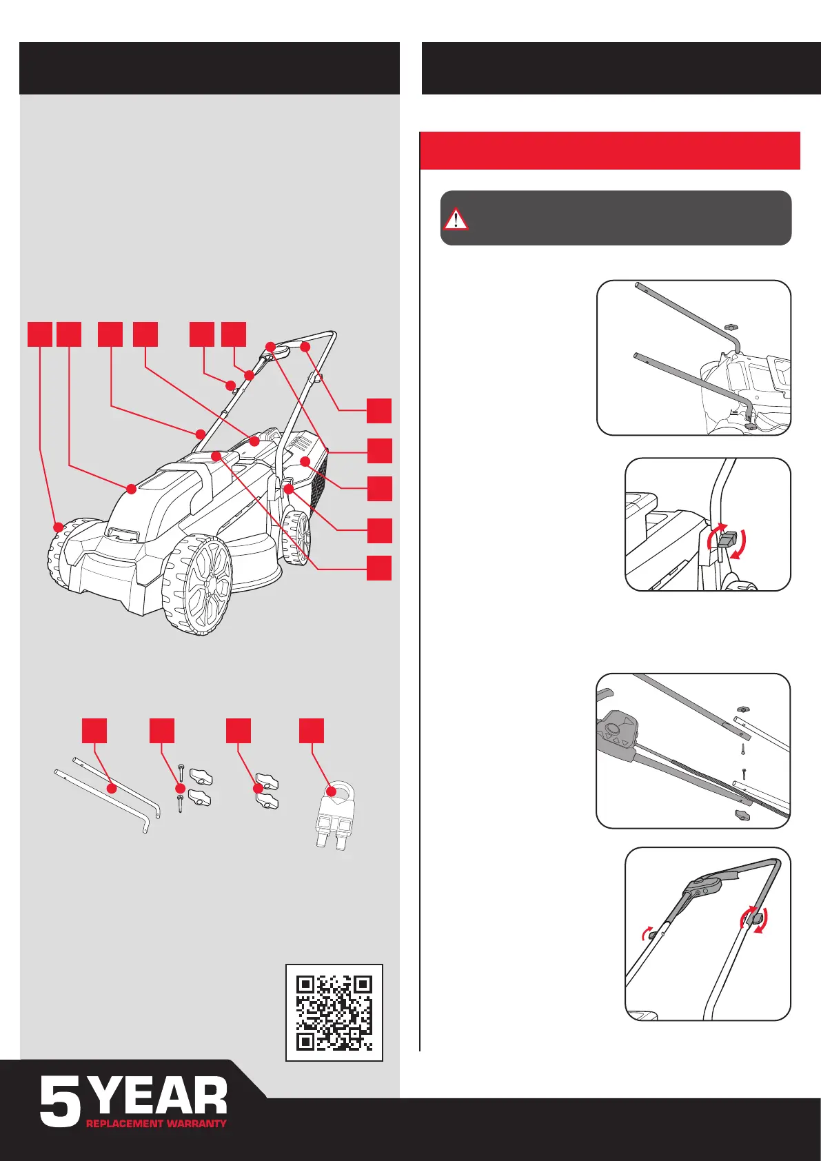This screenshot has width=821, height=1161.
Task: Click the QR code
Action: pyautogui.click(x=334, y=1012)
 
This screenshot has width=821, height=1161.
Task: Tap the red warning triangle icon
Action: pyautogui.click(x=455, y=219)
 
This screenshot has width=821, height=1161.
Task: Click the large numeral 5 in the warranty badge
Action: pyautogui.click(x=60, y=1102)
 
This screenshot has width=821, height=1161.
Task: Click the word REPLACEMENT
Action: pyautogui.click(x=124, y=1124)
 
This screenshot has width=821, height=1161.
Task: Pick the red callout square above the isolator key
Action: pyautogui.click(x=311, y=731)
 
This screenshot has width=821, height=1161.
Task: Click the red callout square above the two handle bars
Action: pyautogui.click(x=94, y=731)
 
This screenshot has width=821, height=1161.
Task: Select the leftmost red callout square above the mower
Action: pyautogui.click(x=40, y=334)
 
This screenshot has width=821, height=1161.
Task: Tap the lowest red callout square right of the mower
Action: pyautogui.click(x=379, y=568)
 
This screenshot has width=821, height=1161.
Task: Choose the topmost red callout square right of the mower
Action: pyautogui.click(x=379, y=410)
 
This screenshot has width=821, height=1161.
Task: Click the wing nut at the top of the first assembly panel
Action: pyautogui.click(x=732, y=327)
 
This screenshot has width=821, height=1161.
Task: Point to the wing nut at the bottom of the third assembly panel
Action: pyautogui.click(x=741, y=815)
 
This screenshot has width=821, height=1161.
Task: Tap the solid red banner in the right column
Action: pyautogui.click(x=610, y=150)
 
